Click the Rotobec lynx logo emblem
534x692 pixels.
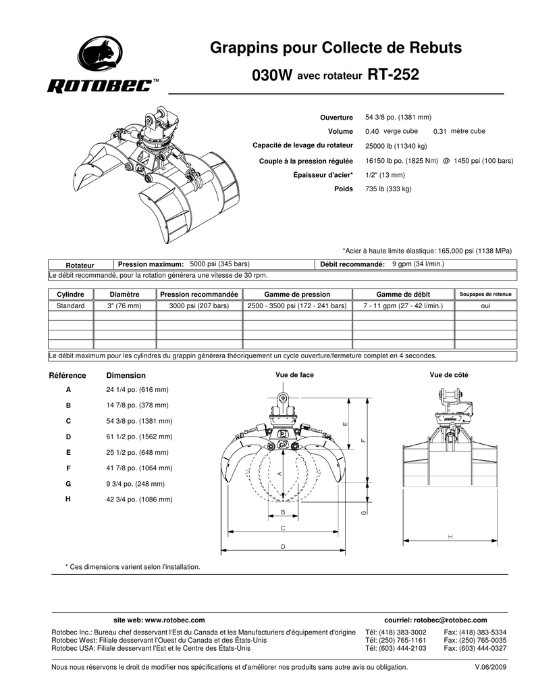(x=101, y=55)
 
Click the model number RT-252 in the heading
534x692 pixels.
(x=393, y=74)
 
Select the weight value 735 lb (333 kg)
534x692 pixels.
(x=388, y=189)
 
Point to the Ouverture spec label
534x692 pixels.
(x=336, y=118)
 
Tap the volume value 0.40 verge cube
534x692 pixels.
(x=392, y=131)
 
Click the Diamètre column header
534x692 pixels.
(x=124, y=295)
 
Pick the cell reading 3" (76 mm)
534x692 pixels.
(x=124, y=306)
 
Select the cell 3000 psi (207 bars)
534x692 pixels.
(x=199, y=306)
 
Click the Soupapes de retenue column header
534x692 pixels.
(x=485, y=295)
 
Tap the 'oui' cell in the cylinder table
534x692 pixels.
(x=485, y=306)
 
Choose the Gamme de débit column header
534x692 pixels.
(x=403, y=295)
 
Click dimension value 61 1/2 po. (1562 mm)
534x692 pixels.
(x=139, y=437)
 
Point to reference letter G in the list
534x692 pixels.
(x=68, y=484)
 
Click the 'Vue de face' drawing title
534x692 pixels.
(x=294, y=374)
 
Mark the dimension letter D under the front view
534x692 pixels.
(x=283, y=546)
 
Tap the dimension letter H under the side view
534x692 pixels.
(x=450, y=537)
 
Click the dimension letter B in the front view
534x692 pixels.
(x=283, y=512)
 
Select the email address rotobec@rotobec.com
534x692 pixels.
(x=451, y=620)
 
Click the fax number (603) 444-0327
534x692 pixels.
(x=483, y=648)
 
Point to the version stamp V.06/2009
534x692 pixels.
(x=490, y=667)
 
